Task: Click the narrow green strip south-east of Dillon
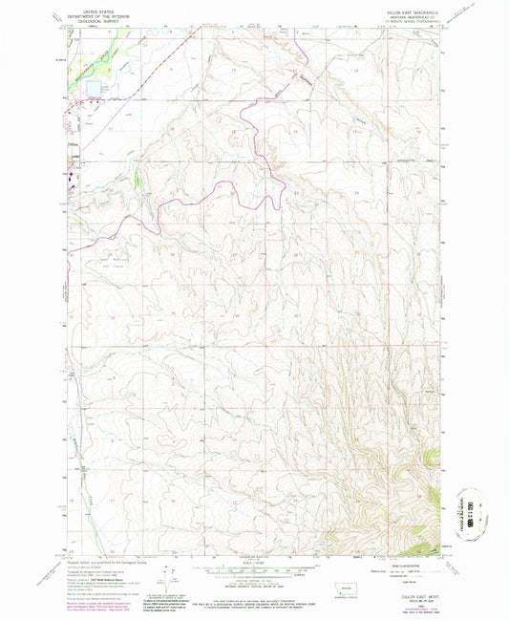click(139, 179)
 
